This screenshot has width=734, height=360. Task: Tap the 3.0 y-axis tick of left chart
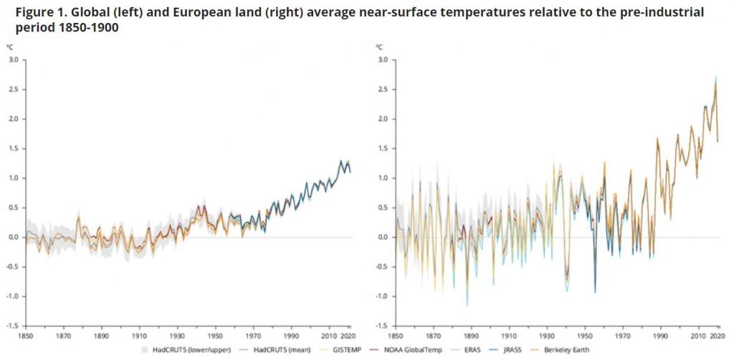[13, 60]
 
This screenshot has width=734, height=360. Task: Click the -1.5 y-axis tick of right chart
[381, 326]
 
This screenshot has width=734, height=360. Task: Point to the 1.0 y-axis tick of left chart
[13, 178]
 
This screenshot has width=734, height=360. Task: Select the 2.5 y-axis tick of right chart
[382, 89]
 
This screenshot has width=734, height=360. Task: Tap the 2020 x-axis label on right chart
[719, 335]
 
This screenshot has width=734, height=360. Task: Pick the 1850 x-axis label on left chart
[27, 335]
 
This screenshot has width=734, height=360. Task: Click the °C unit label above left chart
[10, 47]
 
